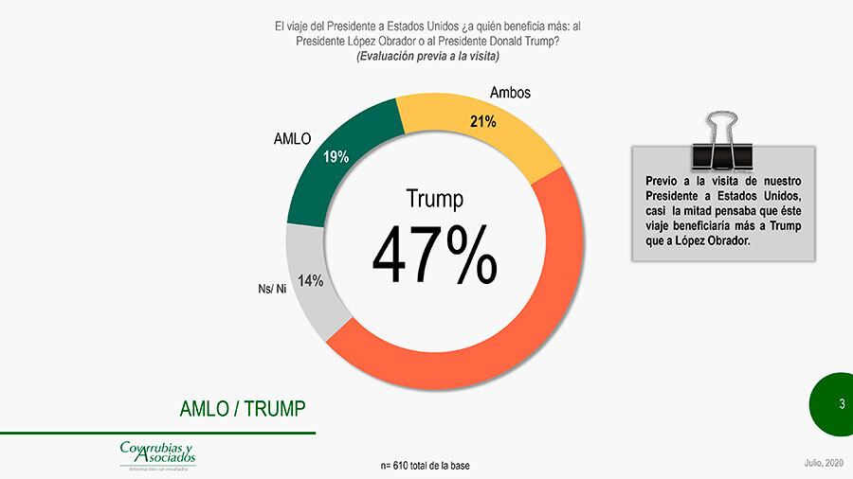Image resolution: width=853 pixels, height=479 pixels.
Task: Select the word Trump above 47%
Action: coord(434,199)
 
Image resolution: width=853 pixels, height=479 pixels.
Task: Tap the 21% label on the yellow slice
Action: coord(483,121)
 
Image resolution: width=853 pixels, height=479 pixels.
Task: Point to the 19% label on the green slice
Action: coord(336,157)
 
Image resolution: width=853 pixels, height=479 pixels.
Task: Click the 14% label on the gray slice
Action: coord(311,280)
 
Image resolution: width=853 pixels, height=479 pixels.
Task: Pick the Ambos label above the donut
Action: coord(510,93)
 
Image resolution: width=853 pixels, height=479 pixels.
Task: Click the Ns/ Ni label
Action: coord(272,288)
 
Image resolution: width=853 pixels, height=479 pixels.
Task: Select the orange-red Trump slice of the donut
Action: coord(531,312)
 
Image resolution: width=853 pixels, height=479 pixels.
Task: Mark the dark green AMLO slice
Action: coord(327,180)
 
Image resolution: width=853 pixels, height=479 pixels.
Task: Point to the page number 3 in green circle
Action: coord(841,404)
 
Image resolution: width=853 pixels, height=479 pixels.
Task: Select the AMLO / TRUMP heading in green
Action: coord(243,409)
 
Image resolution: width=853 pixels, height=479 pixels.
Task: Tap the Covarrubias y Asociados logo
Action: coord(157,454)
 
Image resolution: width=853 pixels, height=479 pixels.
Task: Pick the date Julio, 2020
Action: coord(821,462)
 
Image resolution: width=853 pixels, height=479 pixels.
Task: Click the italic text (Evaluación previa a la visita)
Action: coord(427,57)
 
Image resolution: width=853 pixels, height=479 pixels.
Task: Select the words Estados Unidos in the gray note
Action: coord(763,194)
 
